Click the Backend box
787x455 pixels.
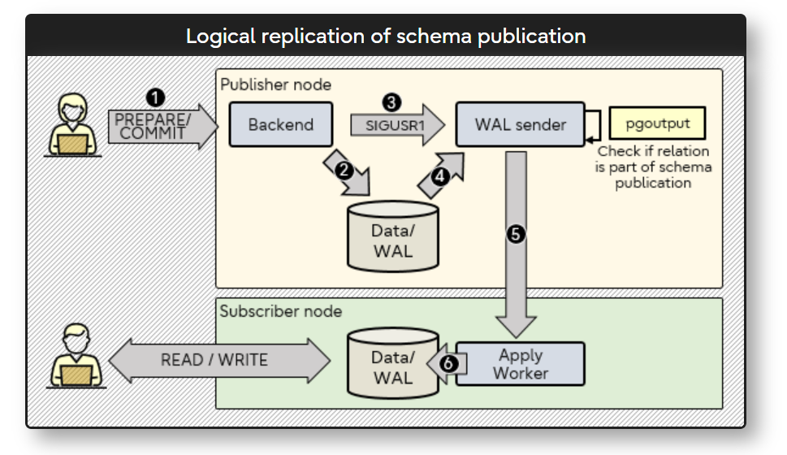tap(281, 124)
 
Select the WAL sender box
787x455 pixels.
tap(520, 124)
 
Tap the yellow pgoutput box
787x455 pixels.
tap(657, 123)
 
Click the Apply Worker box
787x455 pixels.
tap(521, 364)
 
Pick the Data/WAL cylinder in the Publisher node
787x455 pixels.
tap(393, 236)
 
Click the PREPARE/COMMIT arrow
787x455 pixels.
tap(162, 126)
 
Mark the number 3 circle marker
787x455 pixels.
tap(391, 102)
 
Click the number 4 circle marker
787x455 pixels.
tap(439, 177)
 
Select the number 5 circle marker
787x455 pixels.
tap(516, 234)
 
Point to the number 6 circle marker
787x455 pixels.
tap(448, 363)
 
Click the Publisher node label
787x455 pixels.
tap(276, 84)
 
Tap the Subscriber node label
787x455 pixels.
tap(281, 311)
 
